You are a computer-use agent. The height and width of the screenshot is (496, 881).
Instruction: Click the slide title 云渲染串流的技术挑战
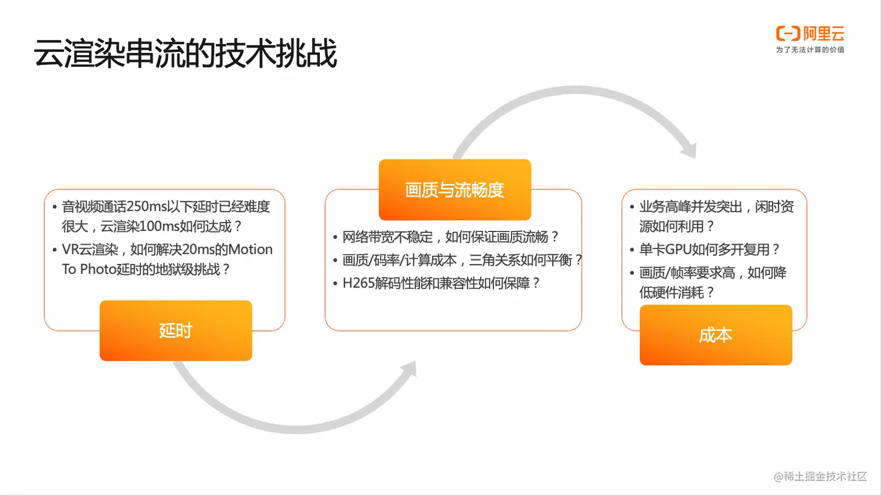pos(185,54)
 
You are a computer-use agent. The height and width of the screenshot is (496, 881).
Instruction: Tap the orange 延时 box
pos(176,330)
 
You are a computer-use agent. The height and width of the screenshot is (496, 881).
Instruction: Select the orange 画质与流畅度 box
pos(455,189)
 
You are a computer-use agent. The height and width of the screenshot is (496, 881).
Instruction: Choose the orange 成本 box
pos(716,335)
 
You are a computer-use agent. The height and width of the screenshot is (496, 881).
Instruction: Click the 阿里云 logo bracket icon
pos(788,33)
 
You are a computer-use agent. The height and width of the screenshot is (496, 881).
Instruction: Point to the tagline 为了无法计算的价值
pos(810,50)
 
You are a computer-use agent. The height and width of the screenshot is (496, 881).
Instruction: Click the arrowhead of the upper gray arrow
pos(689,150)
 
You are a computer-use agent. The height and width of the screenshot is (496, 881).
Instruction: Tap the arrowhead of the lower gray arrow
pos(409,369)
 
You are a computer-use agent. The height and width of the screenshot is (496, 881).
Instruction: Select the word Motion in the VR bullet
pos(250,249)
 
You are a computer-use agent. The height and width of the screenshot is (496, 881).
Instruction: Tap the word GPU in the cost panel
pos(678,249)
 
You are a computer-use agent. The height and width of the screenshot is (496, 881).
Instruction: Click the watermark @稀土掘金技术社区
pos(820,476)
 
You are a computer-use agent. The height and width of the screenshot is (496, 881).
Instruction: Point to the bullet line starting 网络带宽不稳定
pos(450,237)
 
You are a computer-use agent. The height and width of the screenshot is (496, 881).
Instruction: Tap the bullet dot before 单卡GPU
pos(632,250)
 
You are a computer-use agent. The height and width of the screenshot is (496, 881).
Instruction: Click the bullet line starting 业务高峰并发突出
pos(717,217)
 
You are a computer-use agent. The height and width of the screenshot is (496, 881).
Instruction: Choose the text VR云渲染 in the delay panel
pos(90,249)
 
